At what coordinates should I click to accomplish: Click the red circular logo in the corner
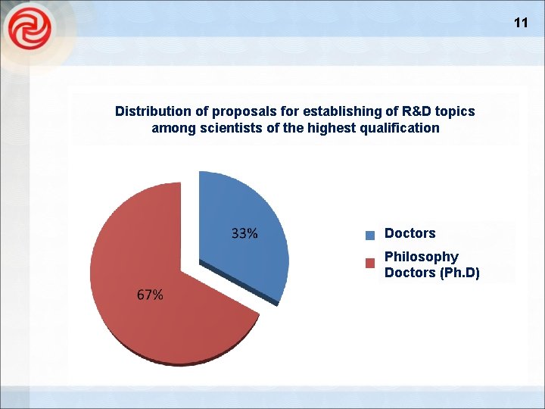[30, 30]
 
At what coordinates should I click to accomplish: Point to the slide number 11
[521, 23]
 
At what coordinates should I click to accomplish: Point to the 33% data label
[244, 234]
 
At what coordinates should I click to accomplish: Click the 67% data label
[150, 295]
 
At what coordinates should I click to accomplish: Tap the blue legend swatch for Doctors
[370, 235]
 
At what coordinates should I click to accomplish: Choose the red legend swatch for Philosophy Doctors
[370, 263]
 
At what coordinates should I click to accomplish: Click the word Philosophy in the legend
[421, 257]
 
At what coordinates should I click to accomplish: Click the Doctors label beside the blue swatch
[410, 233]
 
